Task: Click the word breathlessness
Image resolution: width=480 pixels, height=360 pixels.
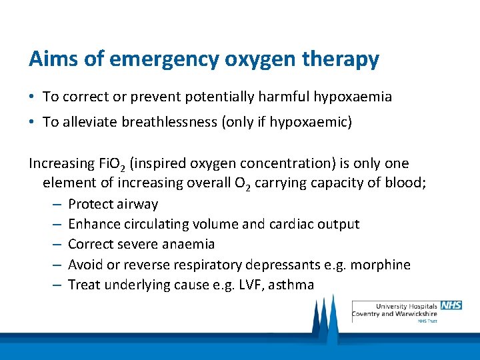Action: (153, 122)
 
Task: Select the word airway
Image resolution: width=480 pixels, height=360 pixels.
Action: (137, 205)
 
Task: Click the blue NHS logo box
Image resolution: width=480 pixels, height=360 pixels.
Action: (451, 305)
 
